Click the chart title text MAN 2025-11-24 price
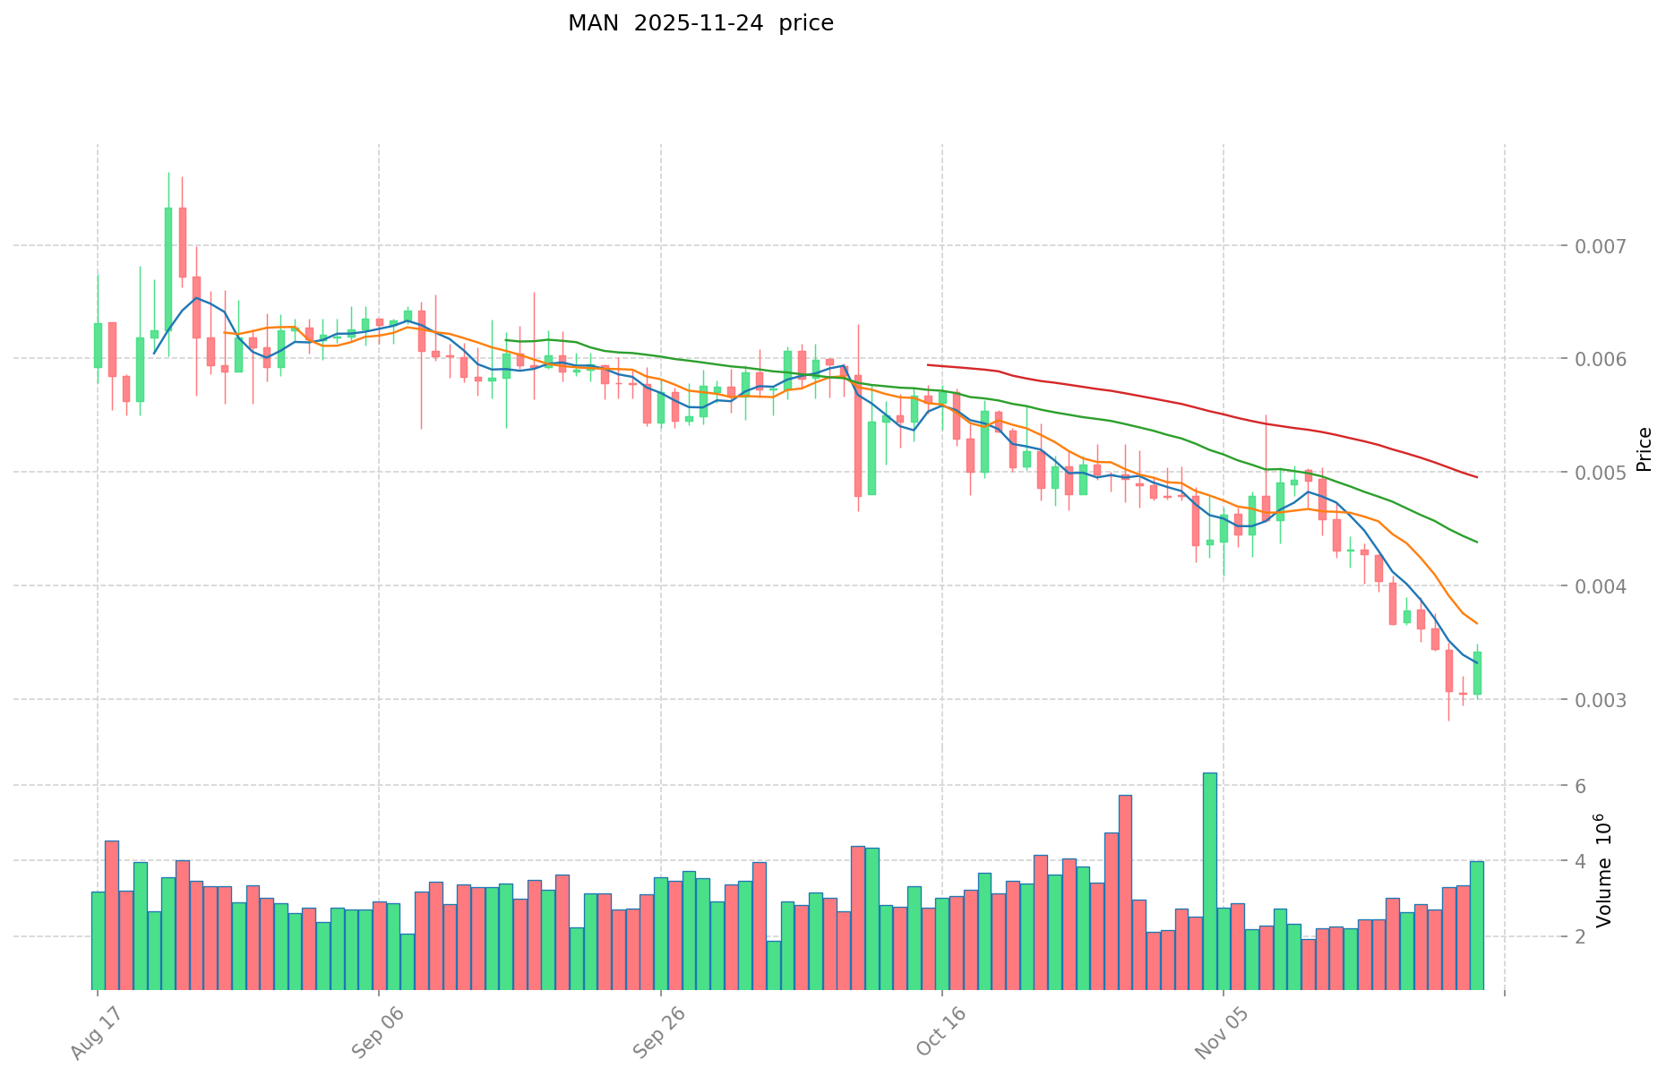(700, 23)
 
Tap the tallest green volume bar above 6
(1209, 881)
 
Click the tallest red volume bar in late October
(1125, 892)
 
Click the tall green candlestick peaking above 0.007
(168, 269)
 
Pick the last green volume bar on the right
(1476, 925)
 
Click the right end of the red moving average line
(1476, 477)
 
